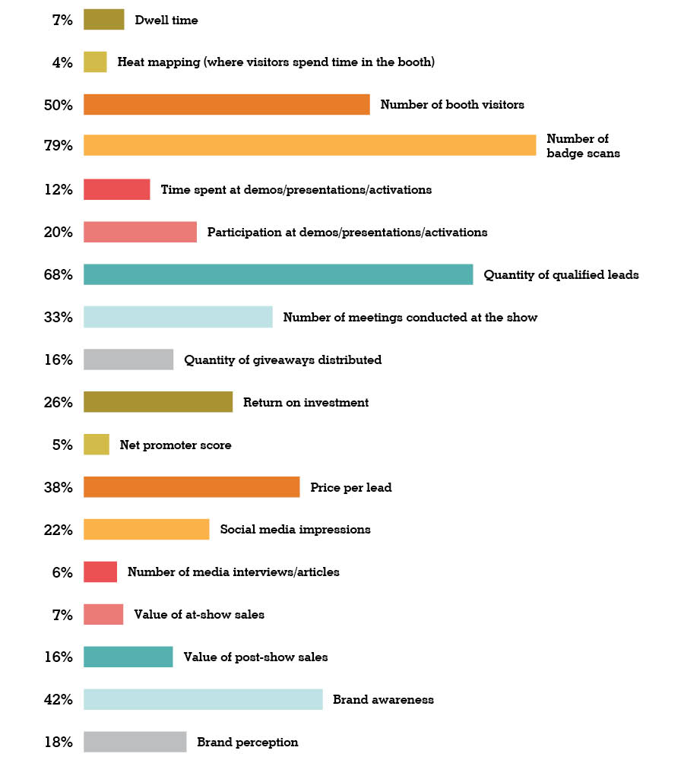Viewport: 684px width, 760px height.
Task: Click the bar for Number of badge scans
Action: click(309, 145)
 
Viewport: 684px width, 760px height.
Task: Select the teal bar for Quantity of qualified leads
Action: click(278, 274)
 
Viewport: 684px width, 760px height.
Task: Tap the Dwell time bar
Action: click(103, 20)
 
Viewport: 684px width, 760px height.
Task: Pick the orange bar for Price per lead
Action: click(192, 487)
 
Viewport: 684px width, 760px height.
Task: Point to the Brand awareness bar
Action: click(203, 699)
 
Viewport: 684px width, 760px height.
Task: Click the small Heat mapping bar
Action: click(95, 62)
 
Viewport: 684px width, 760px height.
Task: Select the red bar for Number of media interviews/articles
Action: click(100, 572)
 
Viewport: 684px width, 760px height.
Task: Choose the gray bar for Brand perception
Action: click(135, 742)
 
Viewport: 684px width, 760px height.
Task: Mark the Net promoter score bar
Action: click(96, 445)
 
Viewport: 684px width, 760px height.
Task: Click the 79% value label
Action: click(59, 145)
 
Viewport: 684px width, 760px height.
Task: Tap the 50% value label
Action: click(59, 105)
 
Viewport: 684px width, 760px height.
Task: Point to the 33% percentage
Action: click(59, 317)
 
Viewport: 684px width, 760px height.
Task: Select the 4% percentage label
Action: click(62, 62)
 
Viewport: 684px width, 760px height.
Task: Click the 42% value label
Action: click(59, 699)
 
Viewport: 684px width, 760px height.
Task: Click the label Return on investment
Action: click(306, 402)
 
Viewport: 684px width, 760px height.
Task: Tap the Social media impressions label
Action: click(295, 529)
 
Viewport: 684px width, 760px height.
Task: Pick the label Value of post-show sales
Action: click(255, 657)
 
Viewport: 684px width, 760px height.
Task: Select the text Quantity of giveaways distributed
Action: click(283, 359)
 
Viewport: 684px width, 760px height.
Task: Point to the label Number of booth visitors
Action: click(452, 105)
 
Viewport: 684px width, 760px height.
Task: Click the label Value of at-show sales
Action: click(199, 614)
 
